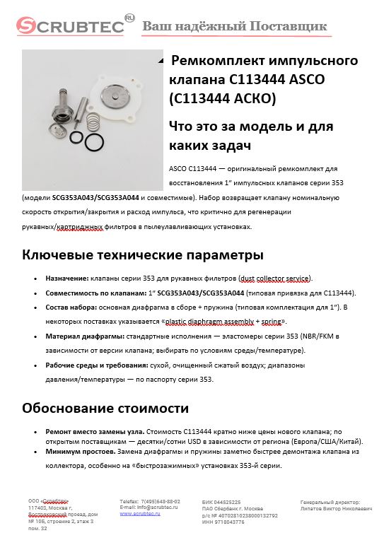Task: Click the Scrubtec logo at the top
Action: pos(71,25)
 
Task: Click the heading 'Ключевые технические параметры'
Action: pos(132,254)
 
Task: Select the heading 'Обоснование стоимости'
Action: pos(105,408)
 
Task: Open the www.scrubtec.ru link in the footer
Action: pos(140,514)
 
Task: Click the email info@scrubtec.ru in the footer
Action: pos(149,508)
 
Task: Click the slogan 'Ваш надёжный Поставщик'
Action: pos(235,27)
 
